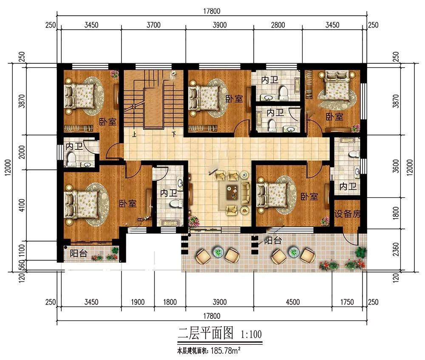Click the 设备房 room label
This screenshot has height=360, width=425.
click(347, 214)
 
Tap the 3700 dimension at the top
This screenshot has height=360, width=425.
click(154, 25)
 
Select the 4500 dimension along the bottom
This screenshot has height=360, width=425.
click(293, 302)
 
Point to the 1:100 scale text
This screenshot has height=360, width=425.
click(251, 334)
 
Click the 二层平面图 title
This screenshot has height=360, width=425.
click(205, 333)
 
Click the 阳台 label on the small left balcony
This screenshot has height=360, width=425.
click(79, 253)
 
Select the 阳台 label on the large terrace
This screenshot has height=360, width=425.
click(273, 240)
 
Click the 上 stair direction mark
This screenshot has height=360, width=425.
click(134, 134)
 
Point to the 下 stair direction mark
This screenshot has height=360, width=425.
click(174, 134)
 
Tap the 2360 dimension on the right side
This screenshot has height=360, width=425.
click(396, 249)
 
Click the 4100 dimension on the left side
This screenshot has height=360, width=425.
click(22, 205)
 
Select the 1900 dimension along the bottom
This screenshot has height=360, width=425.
click(138, 302)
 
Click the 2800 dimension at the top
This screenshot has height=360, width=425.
click(278, 25)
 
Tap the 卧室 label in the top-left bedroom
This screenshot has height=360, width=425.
click(108, 122)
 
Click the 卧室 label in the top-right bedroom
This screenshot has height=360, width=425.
click(334, 117)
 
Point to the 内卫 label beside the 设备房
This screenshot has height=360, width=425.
click(348, 186)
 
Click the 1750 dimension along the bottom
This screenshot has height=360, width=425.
click(347, 302)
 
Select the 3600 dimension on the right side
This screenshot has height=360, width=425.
click(396, 166)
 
